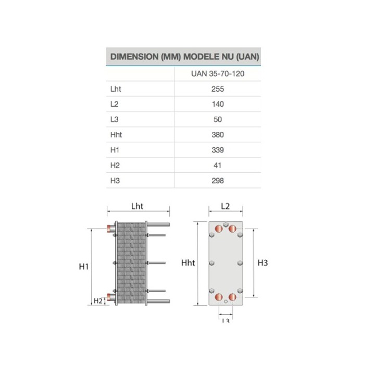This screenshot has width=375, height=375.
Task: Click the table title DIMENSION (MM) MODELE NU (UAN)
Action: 184,57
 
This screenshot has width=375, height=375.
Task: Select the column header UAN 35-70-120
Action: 218,73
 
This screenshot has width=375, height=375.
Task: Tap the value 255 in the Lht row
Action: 218,89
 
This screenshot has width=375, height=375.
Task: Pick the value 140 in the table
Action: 218,104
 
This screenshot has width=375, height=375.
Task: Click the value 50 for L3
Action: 218,119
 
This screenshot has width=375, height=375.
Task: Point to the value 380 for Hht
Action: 218,135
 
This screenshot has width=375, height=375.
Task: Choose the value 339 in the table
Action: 218,150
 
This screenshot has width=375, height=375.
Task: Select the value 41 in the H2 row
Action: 217,165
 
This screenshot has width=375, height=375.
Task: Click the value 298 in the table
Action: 218,181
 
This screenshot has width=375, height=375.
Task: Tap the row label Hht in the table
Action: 116,135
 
